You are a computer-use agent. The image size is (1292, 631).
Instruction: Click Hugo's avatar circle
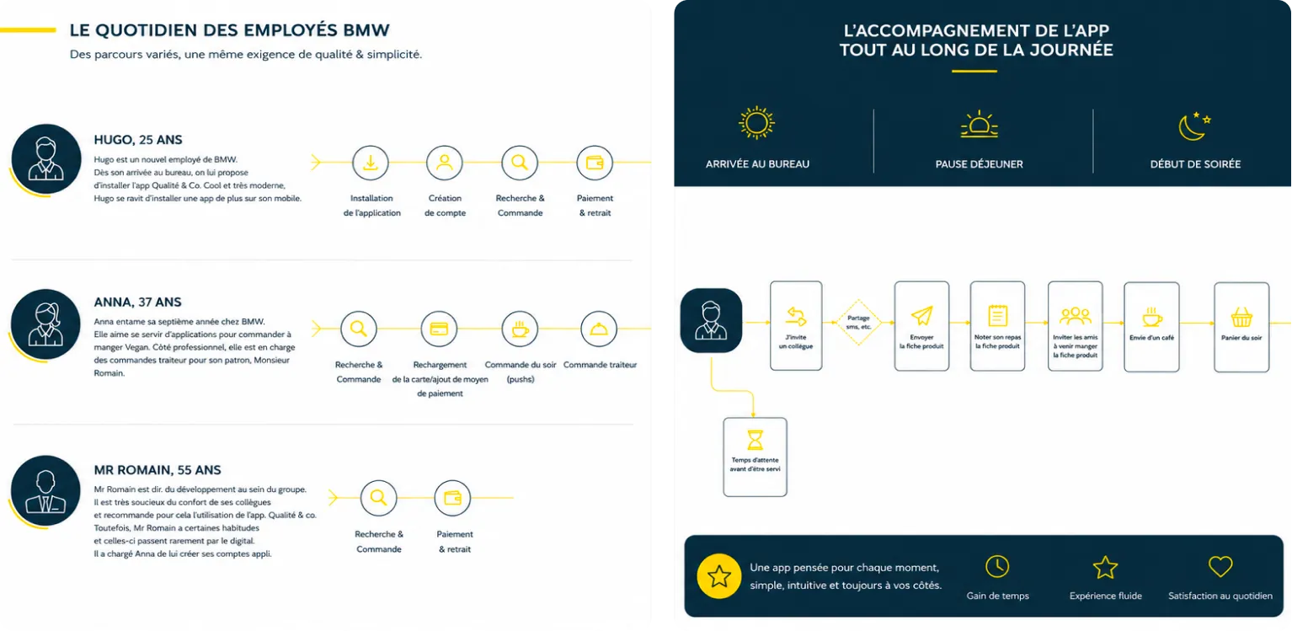click(46, 158)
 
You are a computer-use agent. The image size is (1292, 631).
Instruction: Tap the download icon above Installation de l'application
click(371, 163)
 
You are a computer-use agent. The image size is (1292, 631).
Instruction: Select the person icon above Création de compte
click(444, 163)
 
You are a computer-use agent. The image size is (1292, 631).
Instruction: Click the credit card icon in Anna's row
click(439, 329)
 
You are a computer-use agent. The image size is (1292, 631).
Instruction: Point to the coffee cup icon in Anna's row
click(520, 329)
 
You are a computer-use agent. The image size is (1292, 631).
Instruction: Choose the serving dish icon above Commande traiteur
click(599, 329)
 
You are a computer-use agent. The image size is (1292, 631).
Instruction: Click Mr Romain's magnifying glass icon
click(378, 498)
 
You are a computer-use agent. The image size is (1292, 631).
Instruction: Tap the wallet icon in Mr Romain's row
click(452, 498)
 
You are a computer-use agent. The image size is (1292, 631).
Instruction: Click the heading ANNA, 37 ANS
click(137, 302)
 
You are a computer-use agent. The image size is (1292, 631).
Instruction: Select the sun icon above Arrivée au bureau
click(756, 123)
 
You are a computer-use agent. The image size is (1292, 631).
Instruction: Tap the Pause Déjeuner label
click(979, 163)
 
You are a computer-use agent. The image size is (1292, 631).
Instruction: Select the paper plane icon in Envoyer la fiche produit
click(921, 315)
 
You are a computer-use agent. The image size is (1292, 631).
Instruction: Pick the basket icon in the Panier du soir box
click(1241, 318)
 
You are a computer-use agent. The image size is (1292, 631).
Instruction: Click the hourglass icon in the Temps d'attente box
click(755, 440)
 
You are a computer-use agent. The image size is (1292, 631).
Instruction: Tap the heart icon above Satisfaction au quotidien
click(1220, 566)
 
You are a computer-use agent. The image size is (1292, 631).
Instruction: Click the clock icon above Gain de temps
click(997, 566)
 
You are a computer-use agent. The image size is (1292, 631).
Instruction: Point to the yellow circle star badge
click(718, 576)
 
